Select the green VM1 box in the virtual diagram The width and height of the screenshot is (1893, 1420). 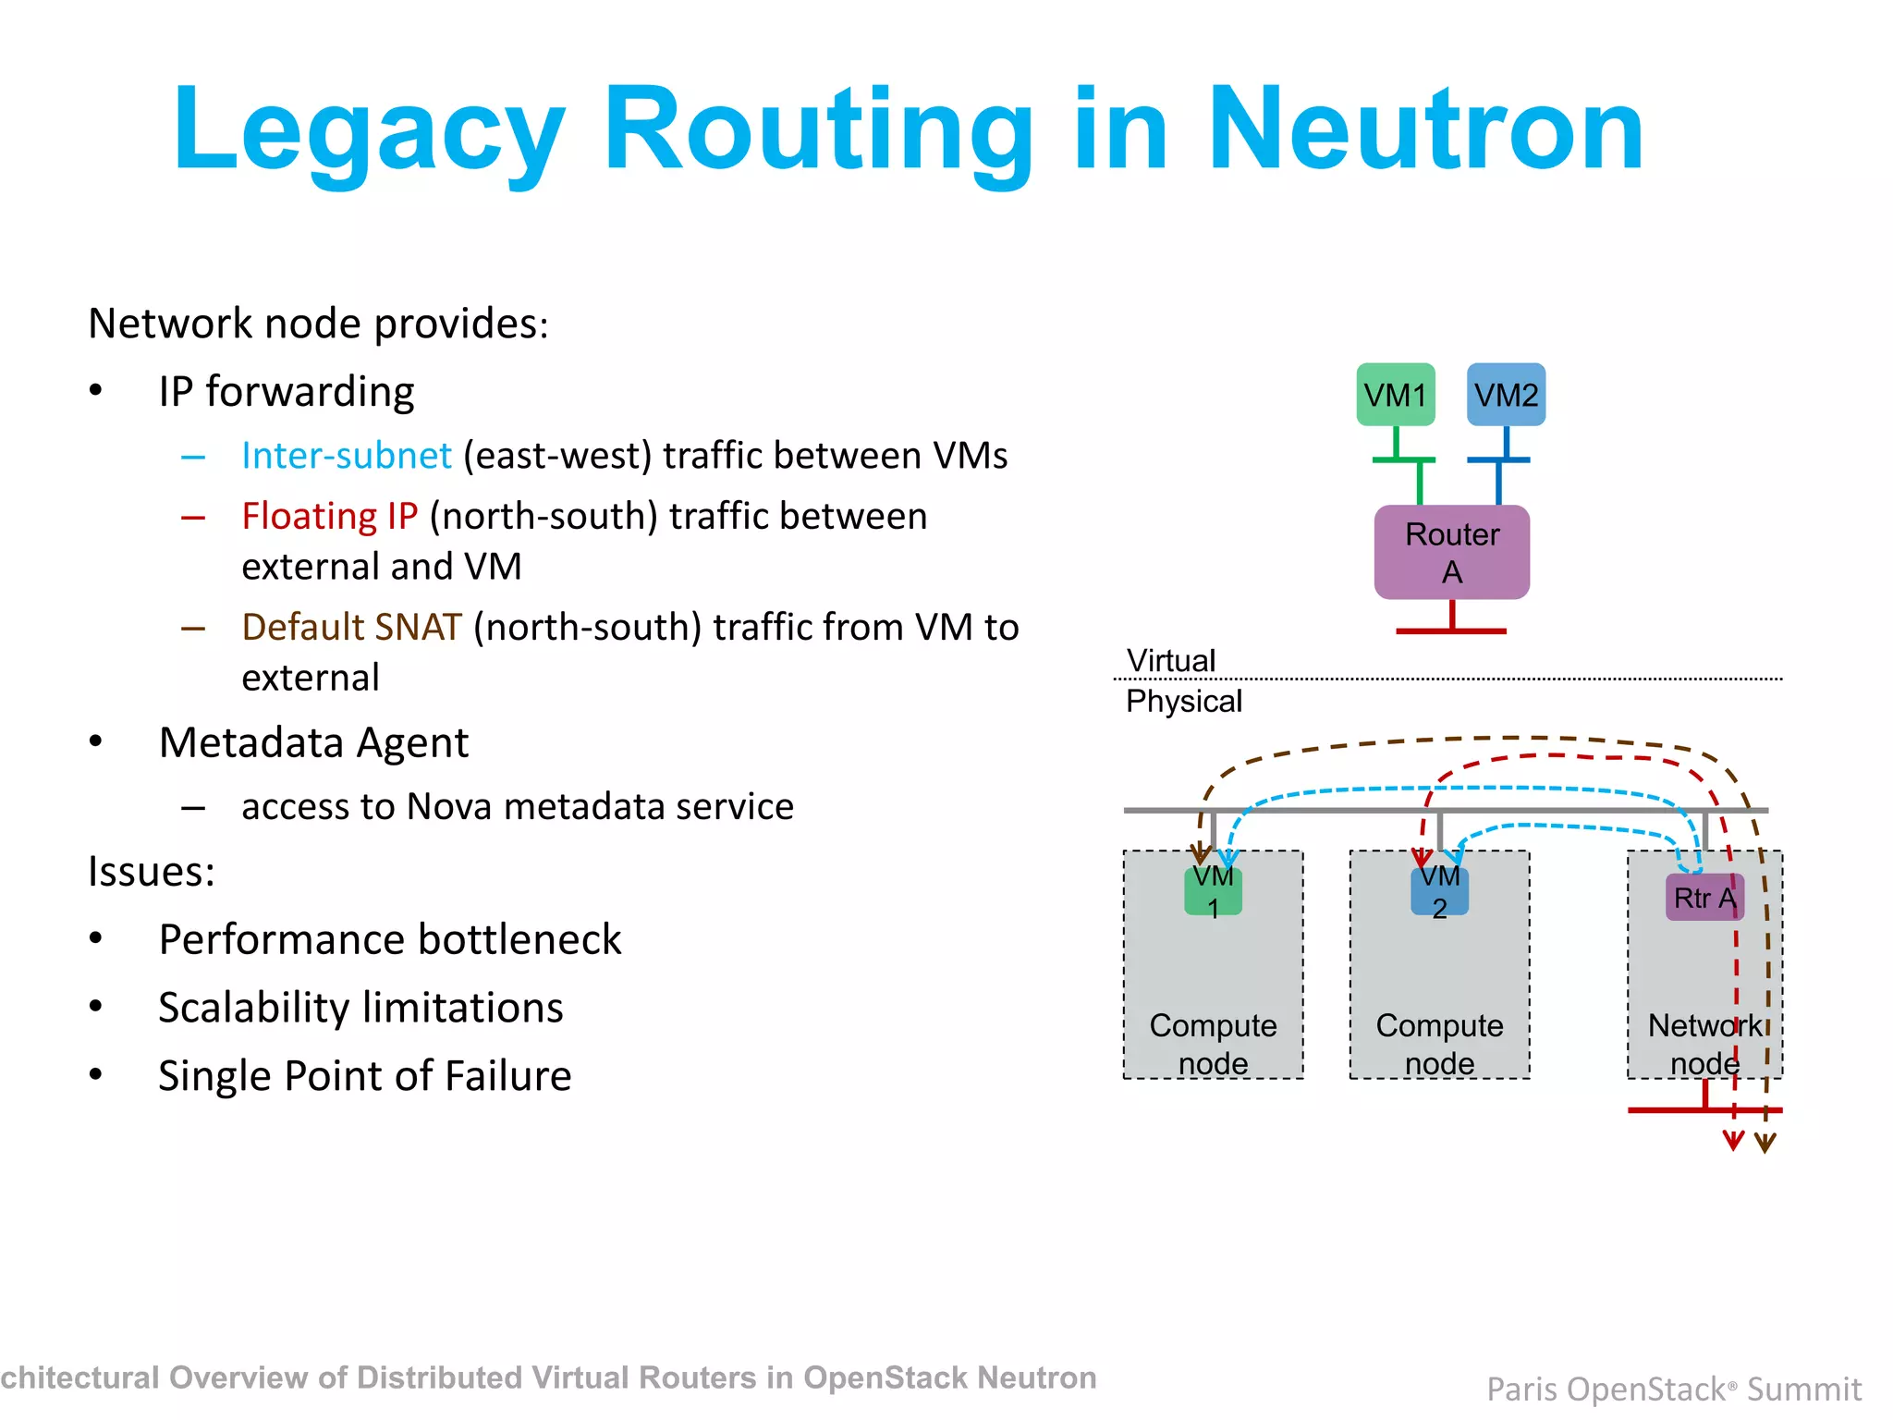click(1396, 395)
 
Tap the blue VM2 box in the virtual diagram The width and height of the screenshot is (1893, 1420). click(1506, 395)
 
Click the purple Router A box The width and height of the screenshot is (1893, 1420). click(1451, 552)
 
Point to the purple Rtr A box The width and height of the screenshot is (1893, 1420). click(1704, 898)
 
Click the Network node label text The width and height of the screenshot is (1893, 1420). click(1704, 1044)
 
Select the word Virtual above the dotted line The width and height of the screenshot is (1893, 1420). click(1170, 660)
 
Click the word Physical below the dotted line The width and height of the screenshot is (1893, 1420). click(1183, 701)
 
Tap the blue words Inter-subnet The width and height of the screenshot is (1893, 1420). click(346, 456)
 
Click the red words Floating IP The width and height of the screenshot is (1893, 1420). click(329, 516)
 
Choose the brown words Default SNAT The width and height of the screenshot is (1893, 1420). click(351, 627)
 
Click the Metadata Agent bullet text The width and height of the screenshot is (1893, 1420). click(313, 742)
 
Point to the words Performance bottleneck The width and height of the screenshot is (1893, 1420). click(389, 939)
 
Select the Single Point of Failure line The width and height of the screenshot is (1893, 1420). click(364, 1076)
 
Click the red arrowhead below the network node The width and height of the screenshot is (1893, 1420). click(1733, 1143)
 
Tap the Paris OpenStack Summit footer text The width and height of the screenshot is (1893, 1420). click(1673, 1389)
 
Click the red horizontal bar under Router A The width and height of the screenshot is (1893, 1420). click(1451, 631)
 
